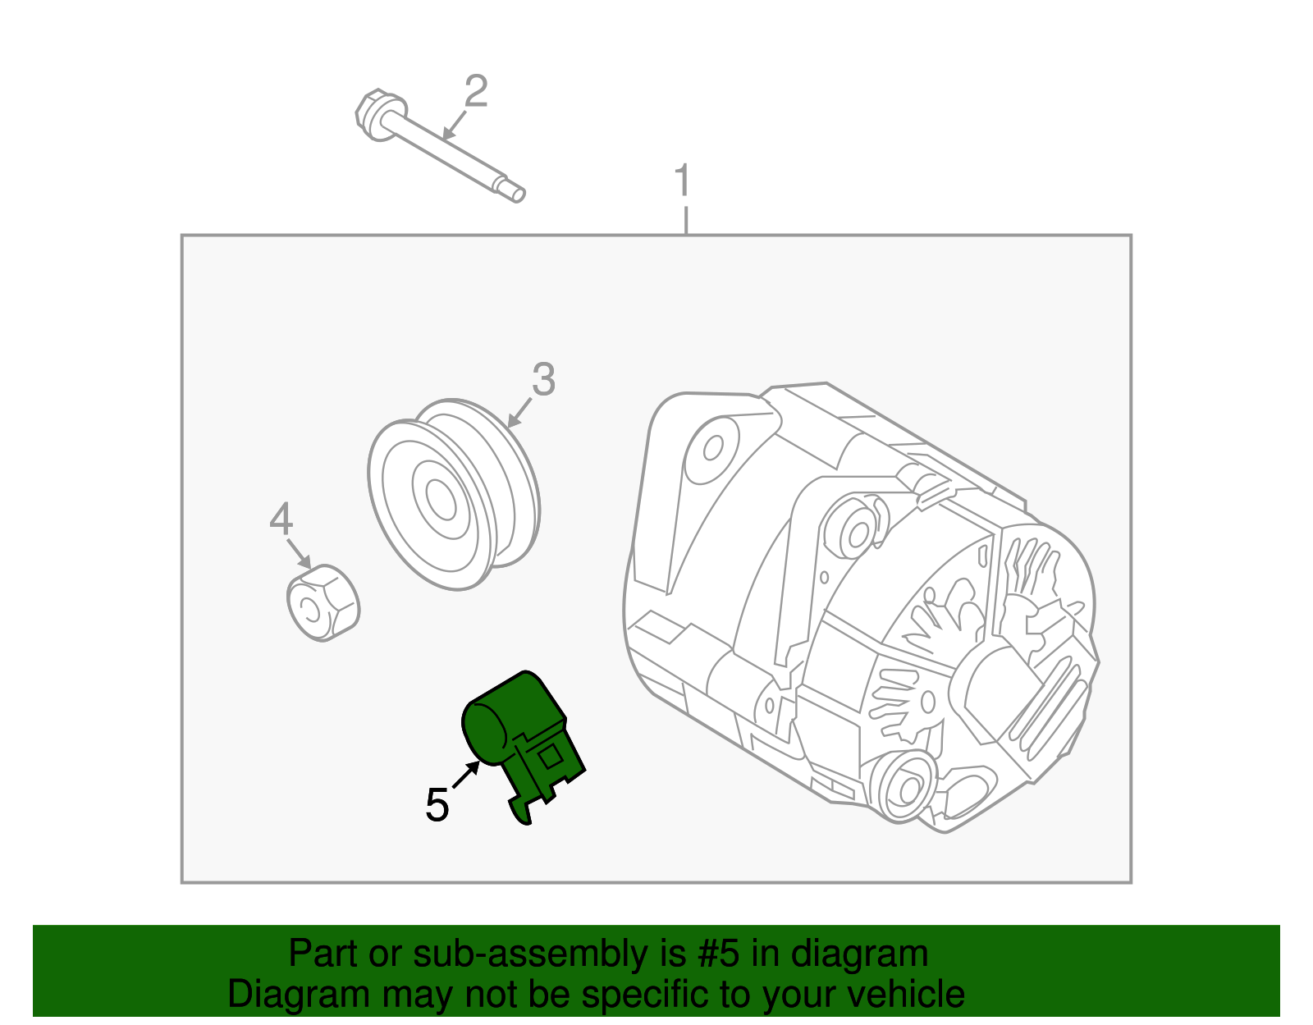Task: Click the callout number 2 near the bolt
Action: [x=476, y=91]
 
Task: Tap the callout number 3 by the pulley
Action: [x=543, y=380]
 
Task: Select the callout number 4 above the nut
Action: [x=281, y=519]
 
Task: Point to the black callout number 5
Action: [x=437, y=805]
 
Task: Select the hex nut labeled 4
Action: [x=323, y=603]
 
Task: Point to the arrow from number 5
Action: [x=466, y=775]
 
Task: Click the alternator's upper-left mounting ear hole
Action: [x=712, y=448]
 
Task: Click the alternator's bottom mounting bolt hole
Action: [x=908, y=789]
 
